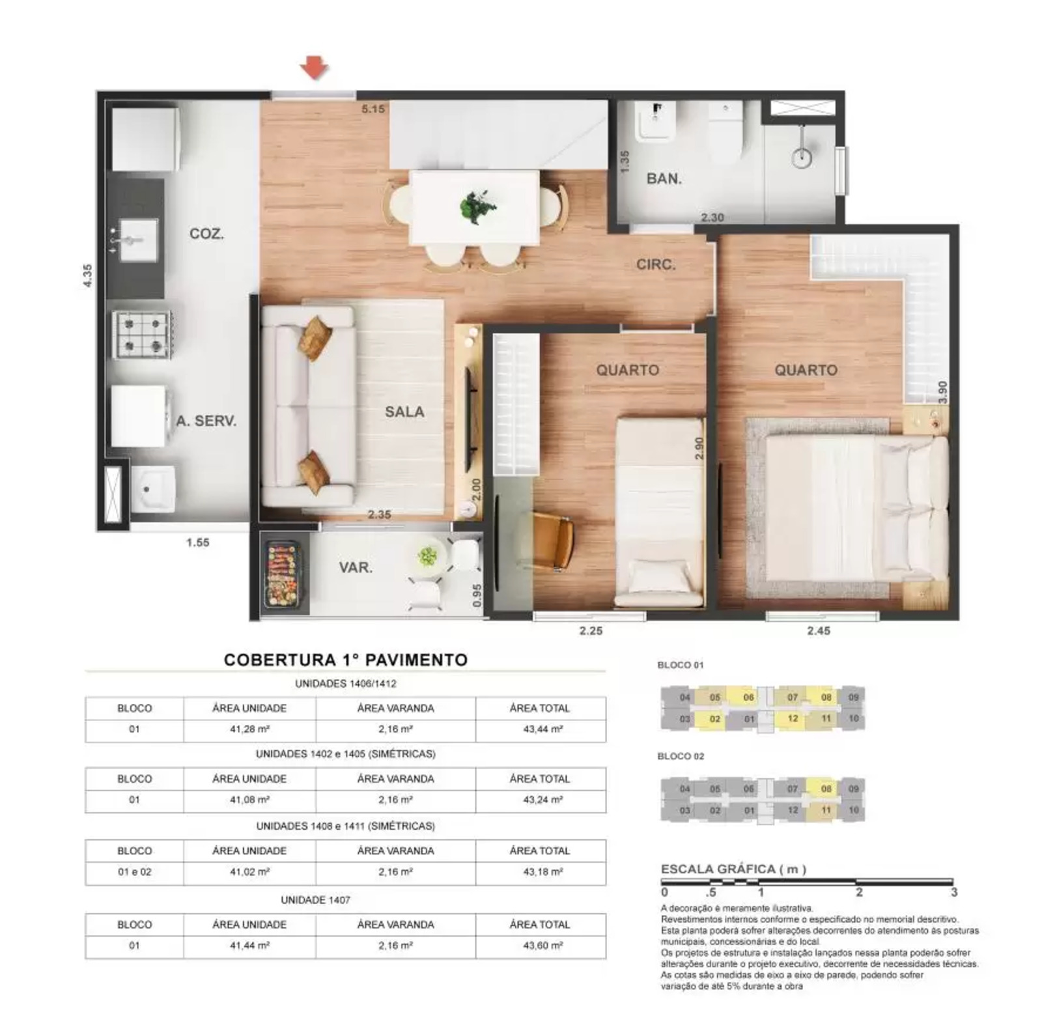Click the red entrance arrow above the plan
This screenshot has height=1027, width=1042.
[x=314, y=66]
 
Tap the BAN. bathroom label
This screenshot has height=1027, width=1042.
[x=663, y=178]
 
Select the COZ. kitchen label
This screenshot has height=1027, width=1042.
[x=206, y=234]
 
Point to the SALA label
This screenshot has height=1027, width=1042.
[x=404, y=412]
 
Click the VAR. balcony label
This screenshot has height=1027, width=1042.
[x=356, y=567]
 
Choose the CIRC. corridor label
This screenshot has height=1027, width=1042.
[x=656, y=264]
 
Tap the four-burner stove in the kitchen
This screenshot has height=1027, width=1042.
[x=142, y=334]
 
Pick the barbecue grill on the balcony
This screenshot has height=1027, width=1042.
[x=282, y=574]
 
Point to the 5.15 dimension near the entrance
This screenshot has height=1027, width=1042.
[x=373, y=109]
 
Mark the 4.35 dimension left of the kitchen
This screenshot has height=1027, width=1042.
[x=87, y=275]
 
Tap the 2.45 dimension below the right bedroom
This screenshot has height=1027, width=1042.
[x=819, y=630]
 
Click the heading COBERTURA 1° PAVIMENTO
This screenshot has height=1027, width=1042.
[x=345, y=660]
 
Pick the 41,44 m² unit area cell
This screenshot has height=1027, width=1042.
[x=249, y=945]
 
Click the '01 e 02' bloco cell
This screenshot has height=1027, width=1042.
[x=134, y=872]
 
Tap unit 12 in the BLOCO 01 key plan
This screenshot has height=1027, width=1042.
[x=793, y=718]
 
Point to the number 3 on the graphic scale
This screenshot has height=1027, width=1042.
[x=953, y=892]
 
